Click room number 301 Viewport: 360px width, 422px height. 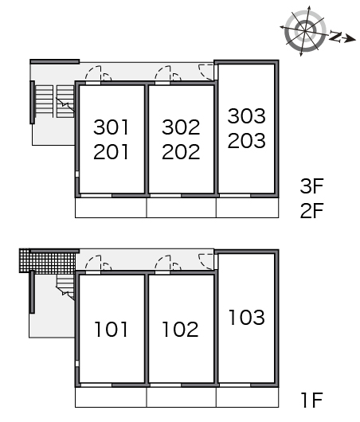point(111,127)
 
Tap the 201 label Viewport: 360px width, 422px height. point(111,152)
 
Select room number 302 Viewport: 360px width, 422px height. point(181,127)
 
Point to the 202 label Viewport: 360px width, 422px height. point(181,152)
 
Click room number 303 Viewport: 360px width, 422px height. point(247,116)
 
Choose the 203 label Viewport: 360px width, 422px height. point(247,140)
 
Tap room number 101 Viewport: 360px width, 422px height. point(111,329)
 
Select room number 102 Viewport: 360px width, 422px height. point(181,329)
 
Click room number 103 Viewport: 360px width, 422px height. point(247,317)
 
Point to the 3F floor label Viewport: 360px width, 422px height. point(311,186)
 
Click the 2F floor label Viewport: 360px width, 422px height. point(311,210)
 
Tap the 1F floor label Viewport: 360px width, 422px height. point(311,401)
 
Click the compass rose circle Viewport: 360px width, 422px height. point(305,31)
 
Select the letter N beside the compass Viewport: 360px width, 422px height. point(335,37)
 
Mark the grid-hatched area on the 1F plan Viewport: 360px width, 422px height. point(48,261)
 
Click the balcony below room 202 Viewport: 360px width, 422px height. point(182,208)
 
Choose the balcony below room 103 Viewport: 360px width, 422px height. point(247,397)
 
